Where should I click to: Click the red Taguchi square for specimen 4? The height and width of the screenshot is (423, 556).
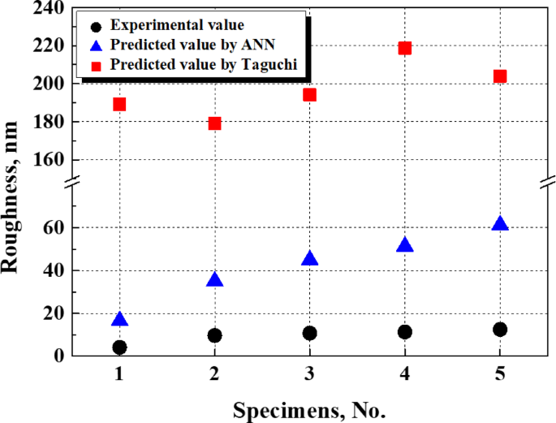click(x=405, y=48)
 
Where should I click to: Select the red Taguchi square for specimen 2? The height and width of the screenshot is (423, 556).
click(x=214, y=123)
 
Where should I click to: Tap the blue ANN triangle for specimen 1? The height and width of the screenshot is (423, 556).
click(x=119, y=319)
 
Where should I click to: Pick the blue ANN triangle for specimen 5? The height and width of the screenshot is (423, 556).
click(x=500, y=223)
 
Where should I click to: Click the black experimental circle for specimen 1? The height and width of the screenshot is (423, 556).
click(x=119, y=347)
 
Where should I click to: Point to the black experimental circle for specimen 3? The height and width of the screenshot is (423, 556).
click(x=309, y=333)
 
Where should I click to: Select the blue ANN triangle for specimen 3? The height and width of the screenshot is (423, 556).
click(x=309, y=258)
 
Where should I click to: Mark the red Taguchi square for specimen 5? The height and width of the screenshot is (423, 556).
click(x=500, y=76)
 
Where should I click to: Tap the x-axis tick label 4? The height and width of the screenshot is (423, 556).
click(x=405, y=376)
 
